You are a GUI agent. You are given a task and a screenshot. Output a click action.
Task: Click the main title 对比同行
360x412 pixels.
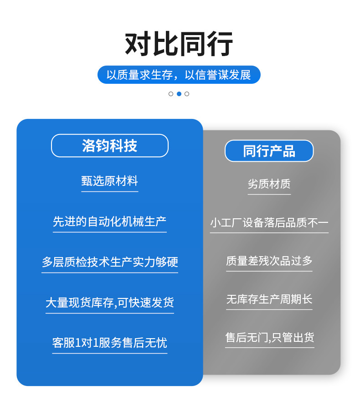click(179, 44)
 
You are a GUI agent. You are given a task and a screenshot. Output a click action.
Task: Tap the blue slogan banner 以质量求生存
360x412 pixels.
click(179, 75)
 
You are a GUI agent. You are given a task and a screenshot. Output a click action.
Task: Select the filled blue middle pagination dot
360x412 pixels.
click(179, 94)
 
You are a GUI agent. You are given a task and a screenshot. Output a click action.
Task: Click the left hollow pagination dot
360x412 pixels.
click(171, 94)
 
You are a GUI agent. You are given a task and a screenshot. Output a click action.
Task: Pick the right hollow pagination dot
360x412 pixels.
click(187, 94)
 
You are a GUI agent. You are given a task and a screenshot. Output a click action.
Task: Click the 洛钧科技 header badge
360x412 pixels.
click(109, 145)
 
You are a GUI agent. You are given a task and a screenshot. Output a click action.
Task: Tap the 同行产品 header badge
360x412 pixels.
click(269, 151)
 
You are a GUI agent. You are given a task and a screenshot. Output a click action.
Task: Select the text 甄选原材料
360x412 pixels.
click(109, 181)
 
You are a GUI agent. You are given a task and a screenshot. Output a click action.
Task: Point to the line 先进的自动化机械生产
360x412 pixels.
click(109, 221)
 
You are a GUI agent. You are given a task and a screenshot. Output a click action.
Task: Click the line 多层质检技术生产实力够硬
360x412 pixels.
click(109, 262)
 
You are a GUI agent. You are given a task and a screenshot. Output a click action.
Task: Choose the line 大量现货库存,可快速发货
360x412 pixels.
click(109, 302)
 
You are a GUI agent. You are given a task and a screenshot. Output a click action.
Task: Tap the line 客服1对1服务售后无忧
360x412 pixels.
click(109, 342)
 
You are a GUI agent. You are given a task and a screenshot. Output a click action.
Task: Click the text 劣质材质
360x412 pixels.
click(269, 184)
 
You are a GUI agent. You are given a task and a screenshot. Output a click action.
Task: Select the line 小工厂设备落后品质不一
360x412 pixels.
click(269, 222)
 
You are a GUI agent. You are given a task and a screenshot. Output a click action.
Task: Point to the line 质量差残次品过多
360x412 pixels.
click(269, 261)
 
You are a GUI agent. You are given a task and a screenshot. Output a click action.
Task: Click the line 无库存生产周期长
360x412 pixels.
click(269, 299)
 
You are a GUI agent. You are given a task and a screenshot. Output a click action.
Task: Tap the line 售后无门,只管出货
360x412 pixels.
click(269, 337)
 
